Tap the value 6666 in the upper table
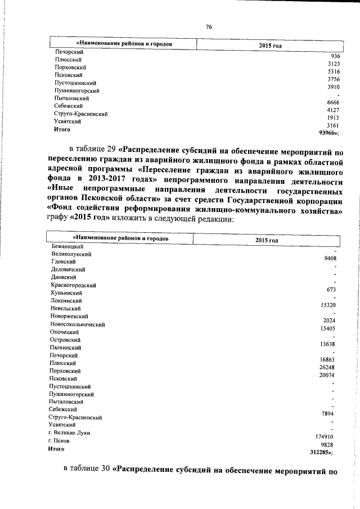(332, 103)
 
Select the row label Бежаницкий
(67, 246)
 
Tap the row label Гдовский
(64, 262)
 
